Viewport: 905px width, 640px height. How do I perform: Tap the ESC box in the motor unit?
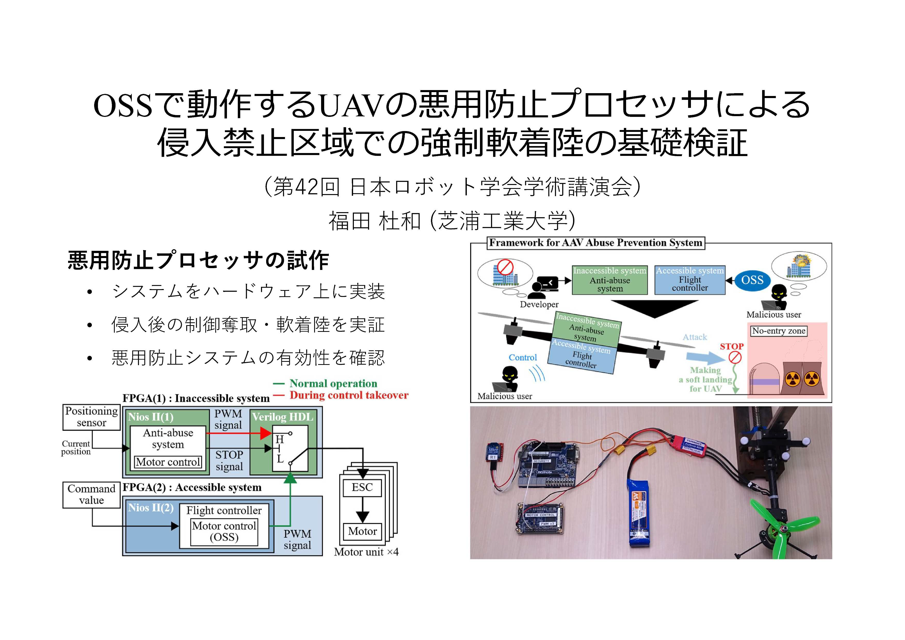[x=362, y=487]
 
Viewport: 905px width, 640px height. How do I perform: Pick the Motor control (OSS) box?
[x=224, y=532]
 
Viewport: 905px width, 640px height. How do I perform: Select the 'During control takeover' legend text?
[x=349, y=395]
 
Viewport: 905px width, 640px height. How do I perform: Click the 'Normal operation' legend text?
[x=333, y=383]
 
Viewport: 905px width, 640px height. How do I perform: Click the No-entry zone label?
[x=778, y=331]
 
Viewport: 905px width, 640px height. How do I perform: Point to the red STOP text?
[x=732, y=347]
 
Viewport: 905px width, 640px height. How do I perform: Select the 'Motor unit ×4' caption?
[x=366, y=552]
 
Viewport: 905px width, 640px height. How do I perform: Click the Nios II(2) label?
[x=151, y=508]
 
